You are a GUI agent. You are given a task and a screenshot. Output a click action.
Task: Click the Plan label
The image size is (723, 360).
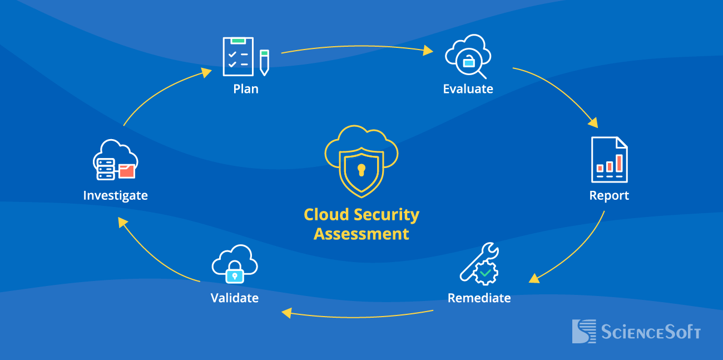(246, 89)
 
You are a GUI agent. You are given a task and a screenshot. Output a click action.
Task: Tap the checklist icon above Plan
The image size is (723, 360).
(237, 56)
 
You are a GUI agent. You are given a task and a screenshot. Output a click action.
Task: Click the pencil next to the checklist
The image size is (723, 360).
(264, 62)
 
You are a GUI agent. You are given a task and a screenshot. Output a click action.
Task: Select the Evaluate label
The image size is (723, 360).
(468, 89)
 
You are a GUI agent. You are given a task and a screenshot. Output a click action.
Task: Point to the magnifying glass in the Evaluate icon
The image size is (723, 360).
(472, 64)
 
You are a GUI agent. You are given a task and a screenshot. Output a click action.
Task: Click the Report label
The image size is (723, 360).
(609, 196)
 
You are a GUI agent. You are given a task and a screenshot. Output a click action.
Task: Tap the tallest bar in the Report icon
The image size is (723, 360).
(618, 162)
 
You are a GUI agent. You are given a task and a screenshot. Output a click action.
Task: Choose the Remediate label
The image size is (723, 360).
(479, 298)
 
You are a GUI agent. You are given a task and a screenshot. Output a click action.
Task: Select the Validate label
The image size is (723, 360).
(235, 298)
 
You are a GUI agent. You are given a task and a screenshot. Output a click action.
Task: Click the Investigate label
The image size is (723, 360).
(115, 196)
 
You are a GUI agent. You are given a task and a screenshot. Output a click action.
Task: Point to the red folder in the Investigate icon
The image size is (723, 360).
(127, 171)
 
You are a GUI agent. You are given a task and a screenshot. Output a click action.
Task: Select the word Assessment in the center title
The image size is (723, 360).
(361, 234)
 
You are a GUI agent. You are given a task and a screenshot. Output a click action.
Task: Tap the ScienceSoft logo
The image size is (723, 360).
(636, 332)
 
